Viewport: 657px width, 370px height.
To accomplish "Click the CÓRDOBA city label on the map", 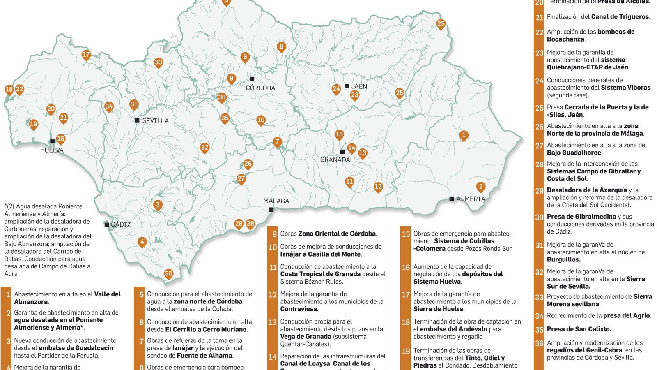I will [260, 88].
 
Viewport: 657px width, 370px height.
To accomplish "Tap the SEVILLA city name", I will [155, 121].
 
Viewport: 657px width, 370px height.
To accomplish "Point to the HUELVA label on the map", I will [52, 150].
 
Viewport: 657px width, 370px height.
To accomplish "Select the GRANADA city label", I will [335, 160].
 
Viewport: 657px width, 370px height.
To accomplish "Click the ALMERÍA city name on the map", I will [471, 199].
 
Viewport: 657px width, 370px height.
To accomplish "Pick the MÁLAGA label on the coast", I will [276, 201].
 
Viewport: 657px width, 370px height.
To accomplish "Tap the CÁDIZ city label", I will [121, 224].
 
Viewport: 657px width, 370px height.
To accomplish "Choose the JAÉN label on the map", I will [359, 86].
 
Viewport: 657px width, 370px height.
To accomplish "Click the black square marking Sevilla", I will [137, 120].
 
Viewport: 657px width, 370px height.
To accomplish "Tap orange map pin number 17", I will [86, 55].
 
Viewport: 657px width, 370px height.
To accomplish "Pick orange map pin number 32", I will [204, 148].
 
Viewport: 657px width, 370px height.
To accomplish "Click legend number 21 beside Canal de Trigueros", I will [540, 18].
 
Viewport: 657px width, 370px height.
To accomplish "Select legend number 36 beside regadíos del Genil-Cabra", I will [540, 343].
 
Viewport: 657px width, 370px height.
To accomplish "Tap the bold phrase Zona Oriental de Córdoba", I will [337, 234].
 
